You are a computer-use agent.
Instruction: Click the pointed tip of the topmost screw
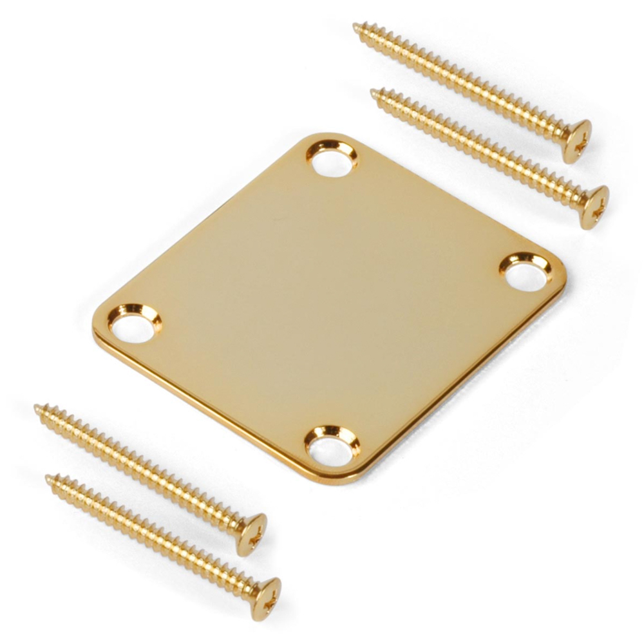tap(356, 26)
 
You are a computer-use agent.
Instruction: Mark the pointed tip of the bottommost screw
tap(48, 478)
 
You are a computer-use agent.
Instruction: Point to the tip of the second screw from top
tap(374, 92)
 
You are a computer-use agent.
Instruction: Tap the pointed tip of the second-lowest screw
tap(37, 407)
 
